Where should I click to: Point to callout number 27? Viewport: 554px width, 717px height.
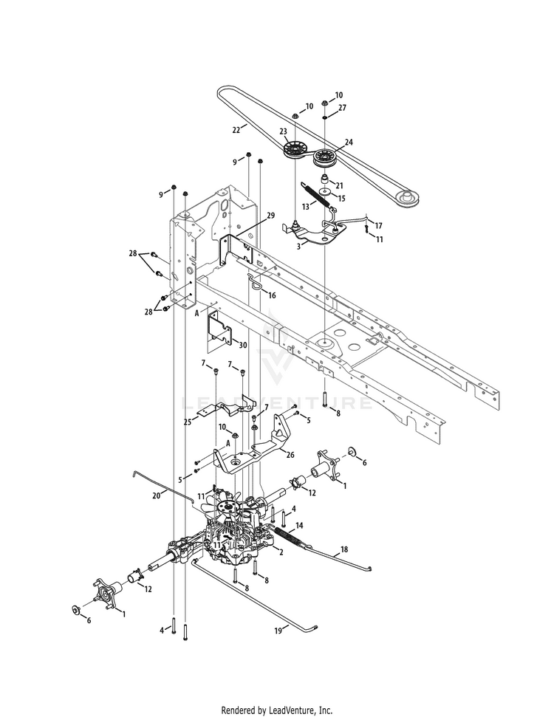click(342, 107)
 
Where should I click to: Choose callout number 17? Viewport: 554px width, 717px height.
click(377, 225)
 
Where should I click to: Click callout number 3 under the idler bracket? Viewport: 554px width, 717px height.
click(298, 245)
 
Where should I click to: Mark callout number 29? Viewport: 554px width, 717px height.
click(270, 215)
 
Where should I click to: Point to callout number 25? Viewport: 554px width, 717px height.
click(188, 422)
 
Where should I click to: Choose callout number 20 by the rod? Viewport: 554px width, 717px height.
click(156, 497)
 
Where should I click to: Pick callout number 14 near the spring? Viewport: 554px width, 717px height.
click(299, 526)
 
